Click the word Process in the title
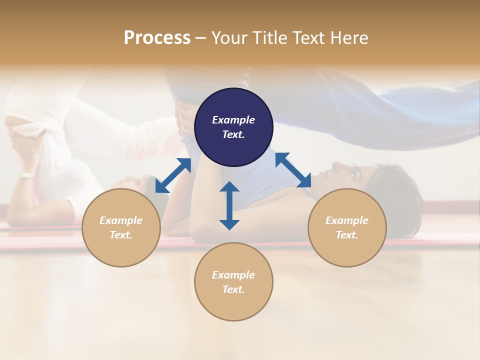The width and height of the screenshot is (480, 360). click(157, 38)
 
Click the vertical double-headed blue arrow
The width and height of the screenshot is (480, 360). click(229, 205)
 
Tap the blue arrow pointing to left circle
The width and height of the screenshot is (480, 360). click(173, 175)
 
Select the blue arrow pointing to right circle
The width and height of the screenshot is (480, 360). click(293, 170)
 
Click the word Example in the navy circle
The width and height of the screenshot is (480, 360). click(233, 120)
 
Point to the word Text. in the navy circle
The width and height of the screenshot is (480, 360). click(233, 134)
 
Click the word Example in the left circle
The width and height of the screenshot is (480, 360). click(121, 220)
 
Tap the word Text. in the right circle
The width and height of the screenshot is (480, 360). click(347, 235)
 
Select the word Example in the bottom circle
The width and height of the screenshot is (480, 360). click(233, 275)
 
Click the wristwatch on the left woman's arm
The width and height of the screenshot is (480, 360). click(26, 175)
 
